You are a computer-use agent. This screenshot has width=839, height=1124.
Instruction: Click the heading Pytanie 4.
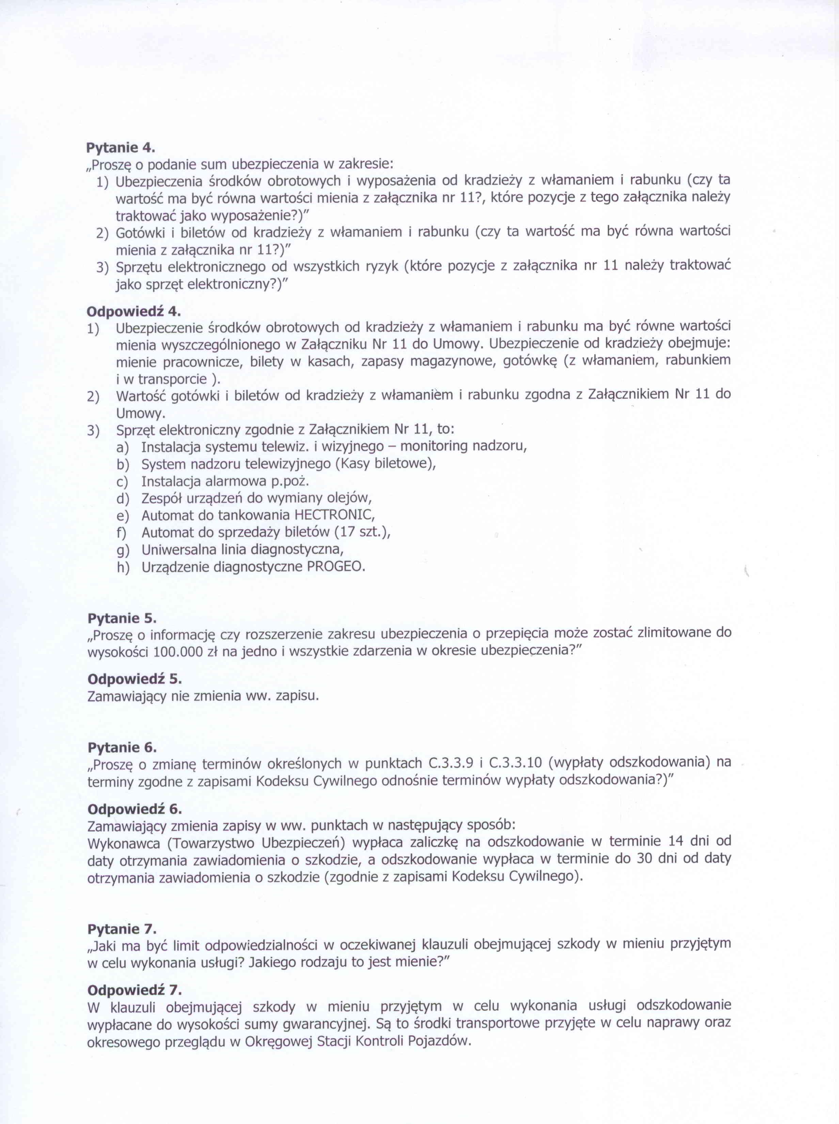(120, 148)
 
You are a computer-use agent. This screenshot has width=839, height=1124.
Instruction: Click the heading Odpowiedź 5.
(134, 678)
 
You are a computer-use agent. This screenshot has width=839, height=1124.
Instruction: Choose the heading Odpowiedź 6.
(134, 808)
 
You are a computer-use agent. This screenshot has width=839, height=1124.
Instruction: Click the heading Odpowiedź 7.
(134, 989)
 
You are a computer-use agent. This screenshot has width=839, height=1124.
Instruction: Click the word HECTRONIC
(334, 515)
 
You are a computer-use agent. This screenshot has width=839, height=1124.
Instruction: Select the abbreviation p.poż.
(291, 481)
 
